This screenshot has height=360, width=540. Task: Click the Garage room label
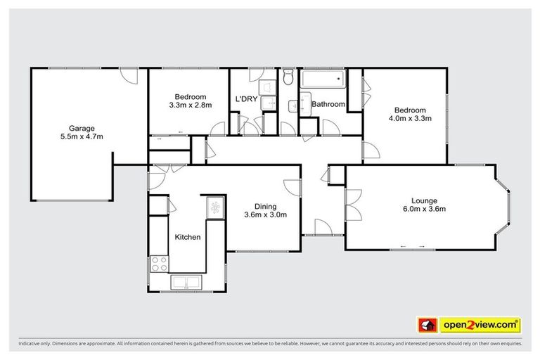coord(82,128)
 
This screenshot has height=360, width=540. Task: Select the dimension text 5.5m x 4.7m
coord(82,137)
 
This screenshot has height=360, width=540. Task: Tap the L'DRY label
coord(245,98)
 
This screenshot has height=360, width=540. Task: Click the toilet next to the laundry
coord(288,77)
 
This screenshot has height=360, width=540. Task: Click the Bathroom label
coord(328,104)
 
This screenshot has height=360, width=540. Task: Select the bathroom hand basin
coord(293,106)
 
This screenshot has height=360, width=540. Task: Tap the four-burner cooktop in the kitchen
coord(160,264)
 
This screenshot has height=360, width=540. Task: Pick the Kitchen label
coord(188,237)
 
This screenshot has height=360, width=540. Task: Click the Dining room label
coord(265,206)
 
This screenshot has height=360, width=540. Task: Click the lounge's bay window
coord(503,204)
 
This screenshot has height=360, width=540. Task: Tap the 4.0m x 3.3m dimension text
coord(409,119)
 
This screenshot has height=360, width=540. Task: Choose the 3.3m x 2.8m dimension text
coord(191,105)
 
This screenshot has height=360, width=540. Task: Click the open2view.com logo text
coord(480,325)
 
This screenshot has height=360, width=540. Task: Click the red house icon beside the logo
coord(426,325)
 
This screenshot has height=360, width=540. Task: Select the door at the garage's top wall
coord(127,75)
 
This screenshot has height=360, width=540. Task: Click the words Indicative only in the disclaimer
coord(34,345)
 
